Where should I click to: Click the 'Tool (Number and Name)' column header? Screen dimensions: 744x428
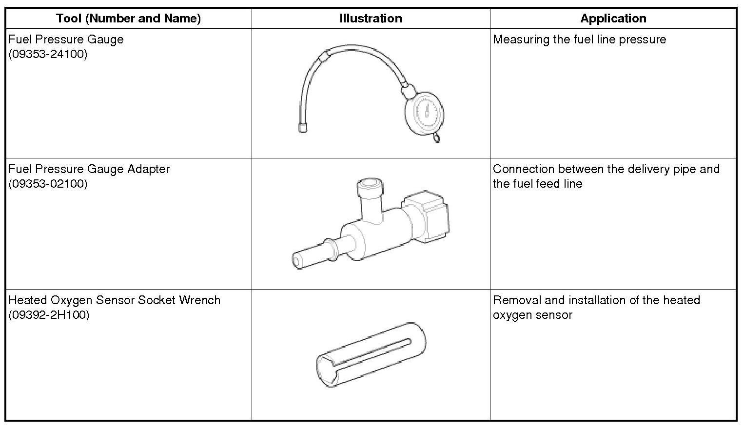(128, 19)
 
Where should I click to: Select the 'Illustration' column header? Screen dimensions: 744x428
(371, 19)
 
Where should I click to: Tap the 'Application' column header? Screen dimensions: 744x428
(613, 19)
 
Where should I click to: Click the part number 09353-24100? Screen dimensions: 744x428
(48, 54)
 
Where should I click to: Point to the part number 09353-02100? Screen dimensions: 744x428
(48, 184)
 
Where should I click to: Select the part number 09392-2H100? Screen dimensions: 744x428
(49, 315)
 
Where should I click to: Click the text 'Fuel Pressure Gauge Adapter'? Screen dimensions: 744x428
(89, 169)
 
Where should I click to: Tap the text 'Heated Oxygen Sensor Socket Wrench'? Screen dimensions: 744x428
(115, 300)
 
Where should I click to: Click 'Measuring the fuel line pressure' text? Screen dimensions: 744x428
(579, 39)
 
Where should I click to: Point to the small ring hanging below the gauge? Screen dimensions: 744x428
(436, 138)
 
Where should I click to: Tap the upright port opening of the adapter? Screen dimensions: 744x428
(370, 186)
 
